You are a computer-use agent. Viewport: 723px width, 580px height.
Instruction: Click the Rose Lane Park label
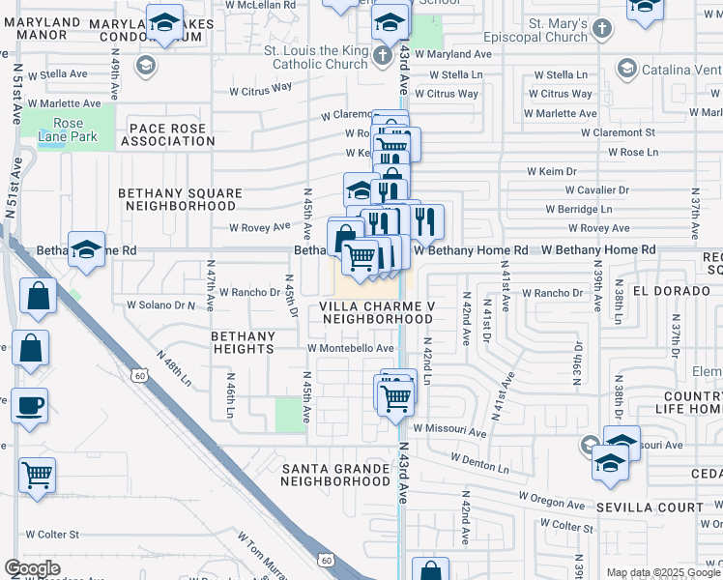69,130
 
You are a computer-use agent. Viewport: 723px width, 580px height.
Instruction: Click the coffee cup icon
29,405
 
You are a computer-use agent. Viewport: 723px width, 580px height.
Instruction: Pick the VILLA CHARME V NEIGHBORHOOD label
378,312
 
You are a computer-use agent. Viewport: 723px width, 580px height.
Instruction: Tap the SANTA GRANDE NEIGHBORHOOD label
337,474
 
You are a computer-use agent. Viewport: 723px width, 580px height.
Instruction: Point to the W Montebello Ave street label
351,348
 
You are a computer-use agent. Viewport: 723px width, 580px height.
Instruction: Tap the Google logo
32,568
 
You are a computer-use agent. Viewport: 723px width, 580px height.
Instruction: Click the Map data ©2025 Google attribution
663,573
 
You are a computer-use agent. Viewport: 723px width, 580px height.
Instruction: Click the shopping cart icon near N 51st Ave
38,475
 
